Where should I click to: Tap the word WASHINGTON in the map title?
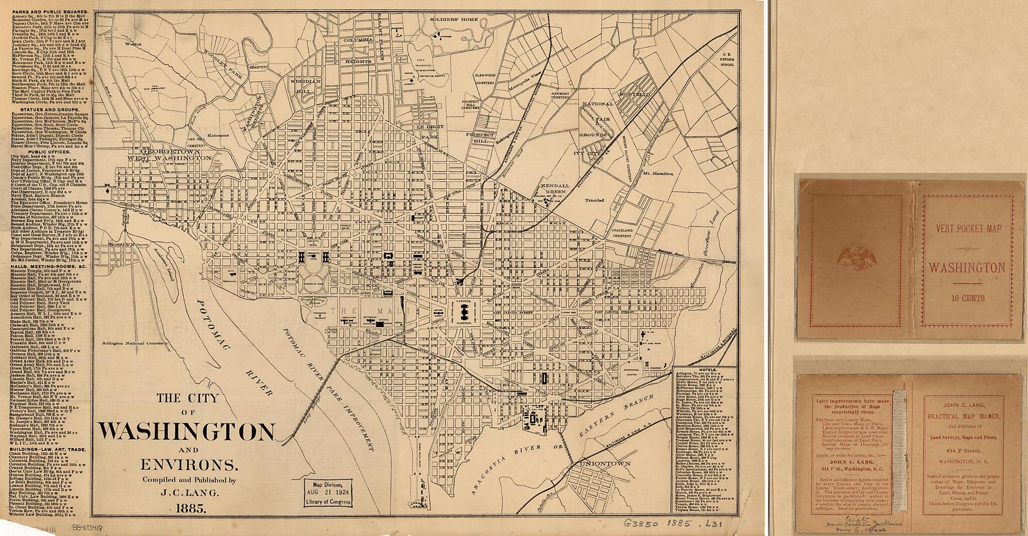187,431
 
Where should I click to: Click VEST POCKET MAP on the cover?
967,228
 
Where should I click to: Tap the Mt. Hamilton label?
659,173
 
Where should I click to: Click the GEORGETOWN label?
171,151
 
